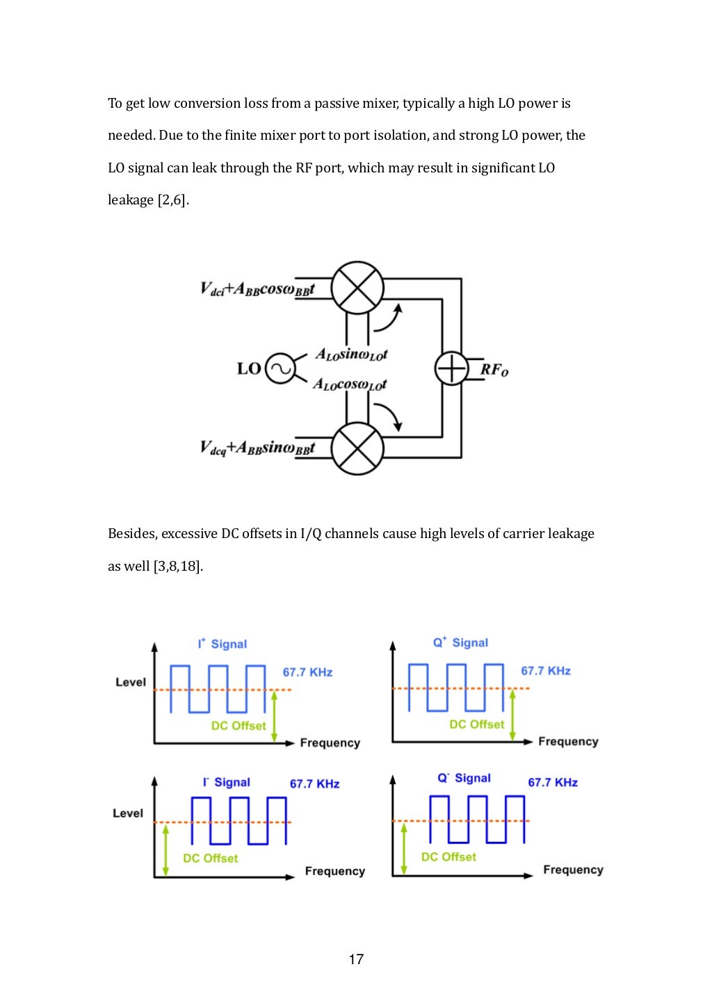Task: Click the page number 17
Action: [x=356, y=959]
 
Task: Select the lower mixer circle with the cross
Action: [x=357, y=448]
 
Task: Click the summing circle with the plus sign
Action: [x=452, y=368]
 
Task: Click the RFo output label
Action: [x=494, y=369]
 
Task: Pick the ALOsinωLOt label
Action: [x=351, y=355]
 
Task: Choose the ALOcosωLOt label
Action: [x=350, y=384]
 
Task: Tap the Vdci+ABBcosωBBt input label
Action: [x=257, y=289]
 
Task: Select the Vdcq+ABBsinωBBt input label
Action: [x=257, y=448]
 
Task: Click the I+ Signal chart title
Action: [x=222, y=644]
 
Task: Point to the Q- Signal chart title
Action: [x=464, y=778]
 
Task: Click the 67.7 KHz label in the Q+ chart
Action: [x=546, y=671]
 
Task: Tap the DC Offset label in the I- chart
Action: [x=210, y=859]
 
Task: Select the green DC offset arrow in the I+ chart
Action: [x=274, y=716]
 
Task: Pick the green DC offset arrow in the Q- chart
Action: [x=404, y=848]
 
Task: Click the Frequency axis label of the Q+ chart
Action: [x=568, y=742]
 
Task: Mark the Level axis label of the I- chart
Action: [x=128, y=813]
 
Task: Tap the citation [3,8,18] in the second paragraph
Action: [x=178, y=566]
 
